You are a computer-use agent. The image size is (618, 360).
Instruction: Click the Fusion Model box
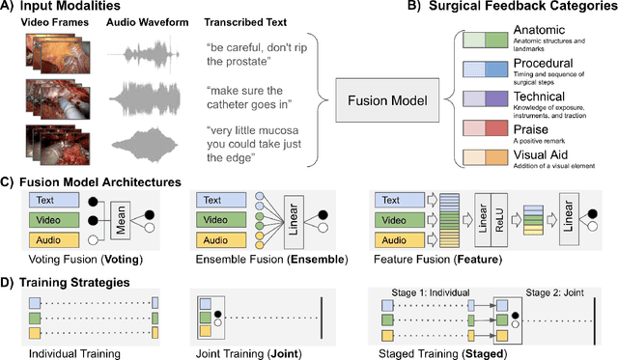[x=384, y=97]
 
